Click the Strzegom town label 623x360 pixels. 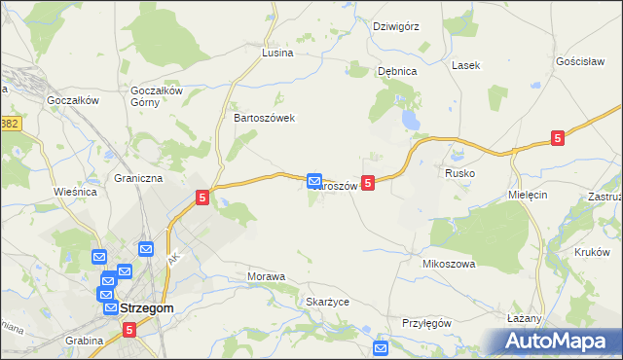(147, 308)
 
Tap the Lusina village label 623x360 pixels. (277, 53)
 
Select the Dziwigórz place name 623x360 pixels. (396, 26)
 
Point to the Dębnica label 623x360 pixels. (397, 71)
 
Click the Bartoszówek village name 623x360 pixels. (264, 117)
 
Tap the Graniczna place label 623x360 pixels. (138, 179)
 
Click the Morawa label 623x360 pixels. (267, 276)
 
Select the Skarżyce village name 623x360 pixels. (327, 302)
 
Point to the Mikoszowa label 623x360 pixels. (448, 264)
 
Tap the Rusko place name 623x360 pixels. (459, 172)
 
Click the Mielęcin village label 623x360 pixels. (529, 195)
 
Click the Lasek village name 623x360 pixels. (465, 65)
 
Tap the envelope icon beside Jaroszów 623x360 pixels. (314, 181)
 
